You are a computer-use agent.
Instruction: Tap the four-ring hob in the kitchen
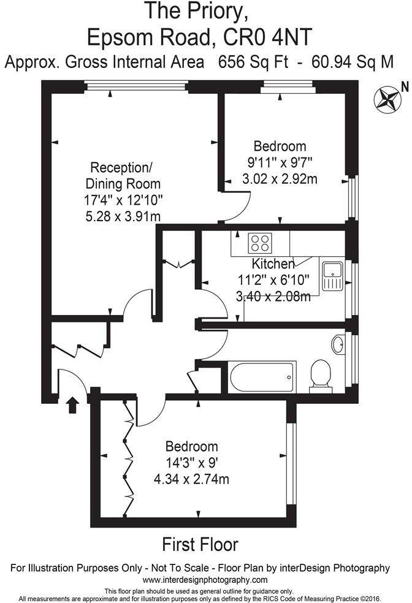click(259, 243)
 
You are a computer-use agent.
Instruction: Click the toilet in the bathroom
click(321, 374)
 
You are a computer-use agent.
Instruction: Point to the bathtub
click(261, 377)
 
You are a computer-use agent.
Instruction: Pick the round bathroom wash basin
click(339, 344)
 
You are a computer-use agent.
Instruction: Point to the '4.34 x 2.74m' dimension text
click(193, 479)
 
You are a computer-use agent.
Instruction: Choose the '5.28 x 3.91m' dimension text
click(123, 216)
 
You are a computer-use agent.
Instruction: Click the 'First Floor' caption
click(200, 544)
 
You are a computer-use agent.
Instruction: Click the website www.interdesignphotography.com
click(205, 580)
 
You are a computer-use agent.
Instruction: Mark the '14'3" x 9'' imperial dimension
click(193, 463)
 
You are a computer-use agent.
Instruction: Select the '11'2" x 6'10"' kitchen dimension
click(274, 281)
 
